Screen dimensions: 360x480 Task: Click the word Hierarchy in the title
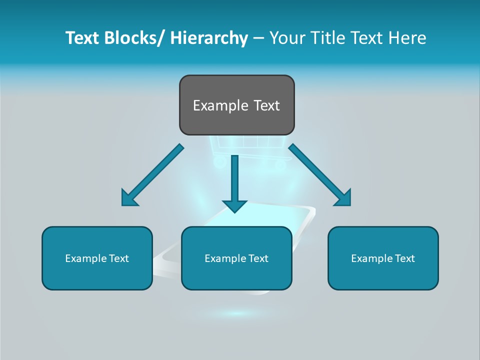[x=209, y=38]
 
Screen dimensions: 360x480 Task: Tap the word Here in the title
[x=407, y=38]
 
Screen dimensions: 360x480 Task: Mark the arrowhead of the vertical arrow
[x=234, y=205]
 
